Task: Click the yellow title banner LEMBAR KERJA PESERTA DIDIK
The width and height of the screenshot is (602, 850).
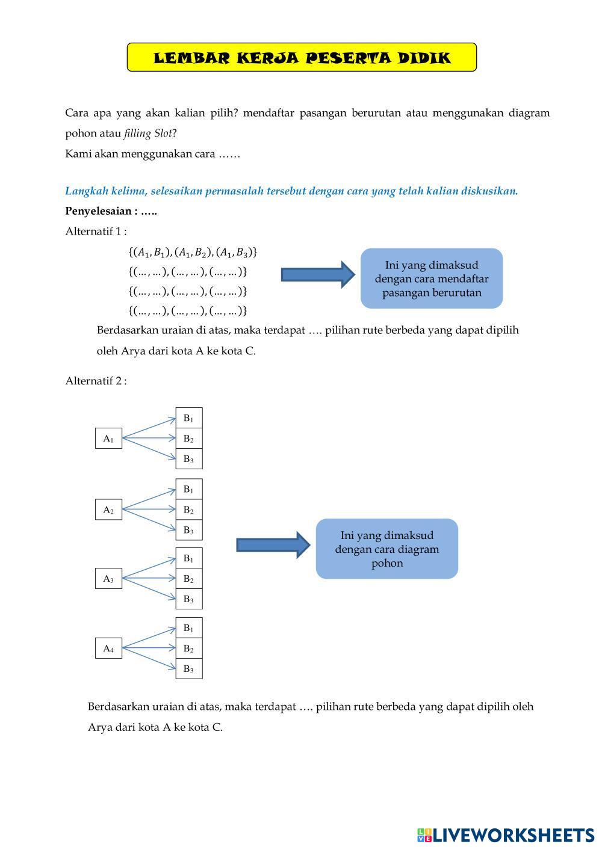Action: (x=302, y=58)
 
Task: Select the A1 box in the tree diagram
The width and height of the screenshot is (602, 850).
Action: (x=108, y=439)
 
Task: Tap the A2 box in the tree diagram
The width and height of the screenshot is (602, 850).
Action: (x=108, y=510)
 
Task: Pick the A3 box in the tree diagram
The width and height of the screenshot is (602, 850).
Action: (x=108, y=579)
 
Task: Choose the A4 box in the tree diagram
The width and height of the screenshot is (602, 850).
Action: (x=108, y=648)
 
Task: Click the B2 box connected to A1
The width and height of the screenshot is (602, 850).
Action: (x=188, y=439)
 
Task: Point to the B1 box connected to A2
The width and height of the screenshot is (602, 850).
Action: (x=188, y=489)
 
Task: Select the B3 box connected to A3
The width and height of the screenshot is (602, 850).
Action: (x=188, y=599)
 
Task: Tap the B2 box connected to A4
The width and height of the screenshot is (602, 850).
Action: (x=188, y=648)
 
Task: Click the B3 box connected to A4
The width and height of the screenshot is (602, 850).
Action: (x=188, y=668)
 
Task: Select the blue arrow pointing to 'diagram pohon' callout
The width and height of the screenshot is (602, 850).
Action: (x=273, y=545)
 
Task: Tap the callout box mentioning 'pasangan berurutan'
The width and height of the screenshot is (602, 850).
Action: (x=431, y=279)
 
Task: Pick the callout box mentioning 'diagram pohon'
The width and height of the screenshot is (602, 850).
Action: (x=386, y=549)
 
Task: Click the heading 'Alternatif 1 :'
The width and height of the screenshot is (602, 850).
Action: (x=96, y=231)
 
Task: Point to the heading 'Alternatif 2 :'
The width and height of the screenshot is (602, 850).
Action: (x=96, y=381)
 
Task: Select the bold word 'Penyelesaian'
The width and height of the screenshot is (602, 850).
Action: (x=99, y=211)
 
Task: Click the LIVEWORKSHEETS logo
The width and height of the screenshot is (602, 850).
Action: (x=505, y=835)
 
